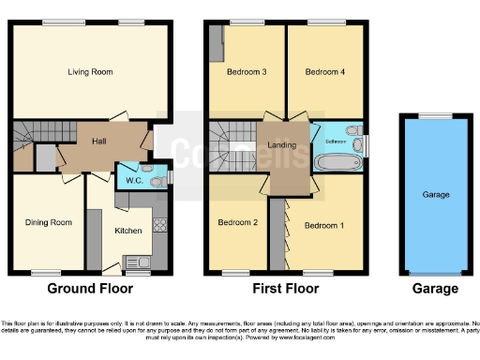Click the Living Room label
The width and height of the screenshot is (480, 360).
pyautogui.click(x=90, y=70)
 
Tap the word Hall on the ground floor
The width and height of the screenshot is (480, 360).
pyautogui.click(x=99, y=141)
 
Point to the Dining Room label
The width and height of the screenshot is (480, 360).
pyautogui.click(x=48, y=222)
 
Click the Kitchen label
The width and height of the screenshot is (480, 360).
pyautogui.click(x=127, y=229)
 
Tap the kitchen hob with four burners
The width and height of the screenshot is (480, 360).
pyautogui.click(x=159, y=225)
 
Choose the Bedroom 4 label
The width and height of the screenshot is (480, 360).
pyautogui.click(x=324, y=71)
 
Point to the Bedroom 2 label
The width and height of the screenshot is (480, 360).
pyautogui.click(x=238, y=222)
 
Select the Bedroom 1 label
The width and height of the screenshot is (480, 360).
pyautogui.click(x=324, y=225)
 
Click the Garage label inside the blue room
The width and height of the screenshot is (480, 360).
pyautogui.click(x=436, y=195)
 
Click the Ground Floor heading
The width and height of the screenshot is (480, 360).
pyautogui.click(x=90, y=289)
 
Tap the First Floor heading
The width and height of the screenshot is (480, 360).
pyautogui.click(x=287, y=289)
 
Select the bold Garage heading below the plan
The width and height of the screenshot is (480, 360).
pyautogui.click(x=436, y=289)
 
